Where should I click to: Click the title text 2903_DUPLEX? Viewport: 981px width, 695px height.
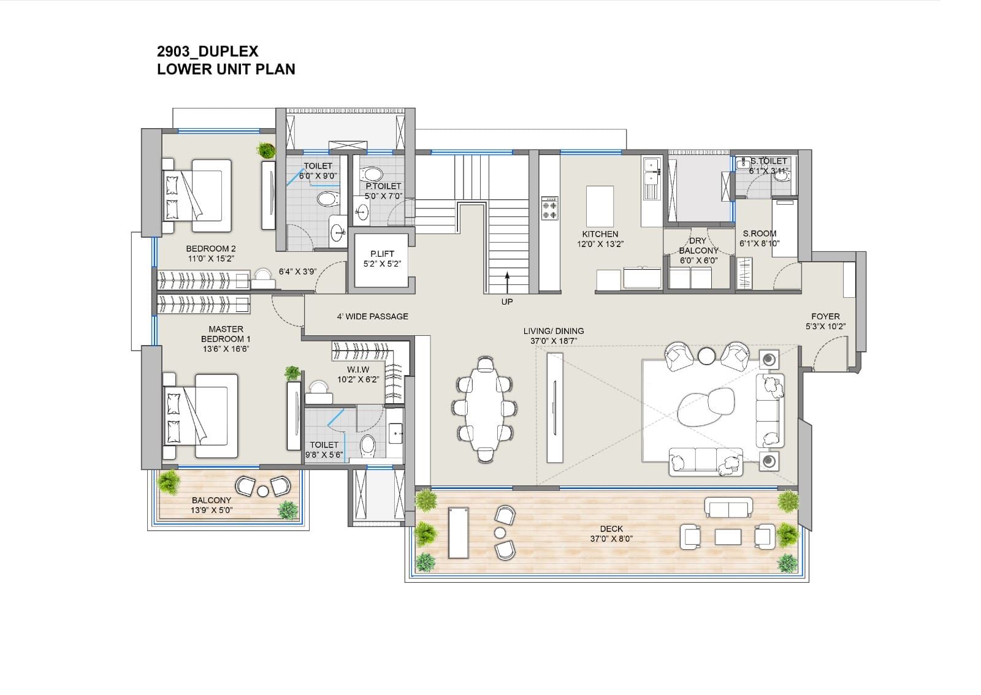(x=208, y=51)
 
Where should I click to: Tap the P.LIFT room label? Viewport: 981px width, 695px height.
(x=382, y=254)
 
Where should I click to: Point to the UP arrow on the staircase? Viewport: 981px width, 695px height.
(x=507, y=283)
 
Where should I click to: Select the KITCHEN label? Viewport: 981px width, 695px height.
(x=600, y=234)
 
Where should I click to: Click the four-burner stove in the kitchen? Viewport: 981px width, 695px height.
(x=549, y=208)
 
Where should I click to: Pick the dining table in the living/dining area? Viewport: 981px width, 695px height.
(x=484, y=409)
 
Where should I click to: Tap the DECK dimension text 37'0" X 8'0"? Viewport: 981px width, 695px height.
(x=611, y=539)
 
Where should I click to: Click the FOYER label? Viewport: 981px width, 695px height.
(x=825, y=316)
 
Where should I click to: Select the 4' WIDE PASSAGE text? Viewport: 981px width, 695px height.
(x=372, y=316)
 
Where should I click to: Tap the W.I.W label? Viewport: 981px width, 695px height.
(x=358, y=370)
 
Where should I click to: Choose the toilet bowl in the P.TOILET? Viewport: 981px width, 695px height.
(x=372, y=174)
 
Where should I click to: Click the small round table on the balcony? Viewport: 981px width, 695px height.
(x=263, y=492)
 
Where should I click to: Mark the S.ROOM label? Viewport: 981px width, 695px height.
(x=760, y=234)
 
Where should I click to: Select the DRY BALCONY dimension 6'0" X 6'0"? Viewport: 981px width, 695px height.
(x=698, y=260)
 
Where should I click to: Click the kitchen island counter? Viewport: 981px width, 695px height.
(x=600, y=206)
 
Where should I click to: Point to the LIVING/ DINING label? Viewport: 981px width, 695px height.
(x=554, y=332)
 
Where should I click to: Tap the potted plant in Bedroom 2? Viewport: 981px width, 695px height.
(x=266, y=150)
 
